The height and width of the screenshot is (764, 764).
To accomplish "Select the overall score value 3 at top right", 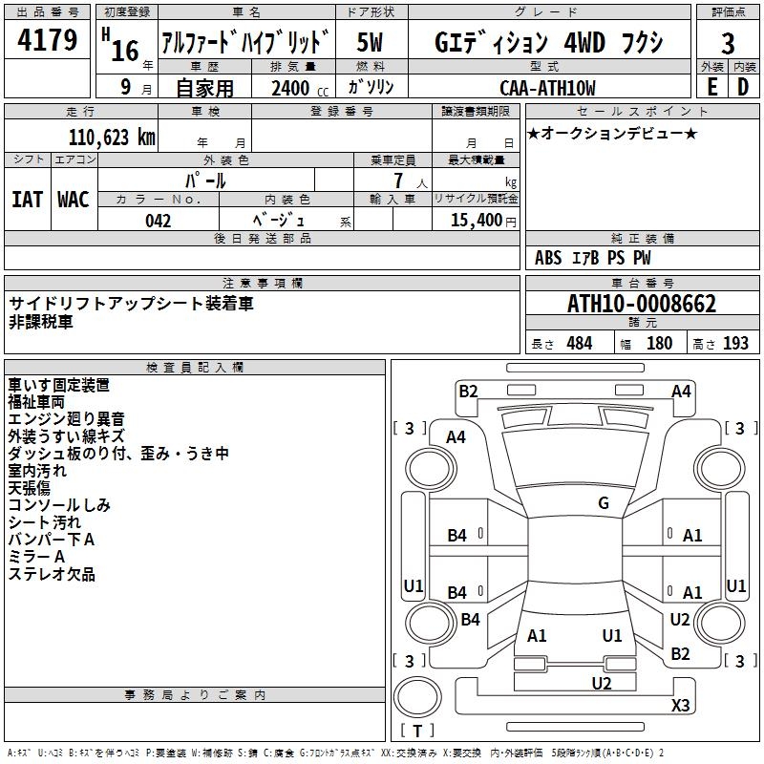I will [x=728, y=43].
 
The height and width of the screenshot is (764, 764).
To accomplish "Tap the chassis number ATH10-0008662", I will [x=642, y=304].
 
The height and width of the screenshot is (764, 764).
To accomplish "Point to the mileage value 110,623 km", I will [x=111, y=138].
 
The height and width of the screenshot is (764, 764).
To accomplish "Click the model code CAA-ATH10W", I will [x=547, y=88].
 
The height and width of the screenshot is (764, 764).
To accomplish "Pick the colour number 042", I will [x=159, y=221].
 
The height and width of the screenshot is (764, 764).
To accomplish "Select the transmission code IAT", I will [x=28, y=199].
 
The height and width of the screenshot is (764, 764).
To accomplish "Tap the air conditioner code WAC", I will [x=74, y=199].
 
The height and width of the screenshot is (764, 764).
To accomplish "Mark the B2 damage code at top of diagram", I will [x=468, y=390].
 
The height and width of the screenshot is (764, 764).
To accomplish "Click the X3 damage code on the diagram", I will [x=680, y=706].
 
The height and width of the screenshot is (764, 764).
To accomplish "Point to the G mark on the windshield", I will [x=604, y=503].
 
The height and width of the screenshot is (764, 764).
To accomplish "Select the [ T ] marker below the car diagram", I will [x=417, y=732].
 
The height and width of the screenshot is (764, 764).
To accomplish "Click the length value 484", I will [x=579, y=343].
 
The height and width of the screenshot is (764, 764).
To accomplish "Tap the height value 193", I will [x=735, y=343].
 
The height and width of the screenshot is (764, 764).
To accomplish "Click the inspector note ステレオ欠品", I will [x=52, y=575].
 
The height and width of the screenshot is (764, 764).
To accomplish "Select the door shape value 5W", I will [x=371, y=42].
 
